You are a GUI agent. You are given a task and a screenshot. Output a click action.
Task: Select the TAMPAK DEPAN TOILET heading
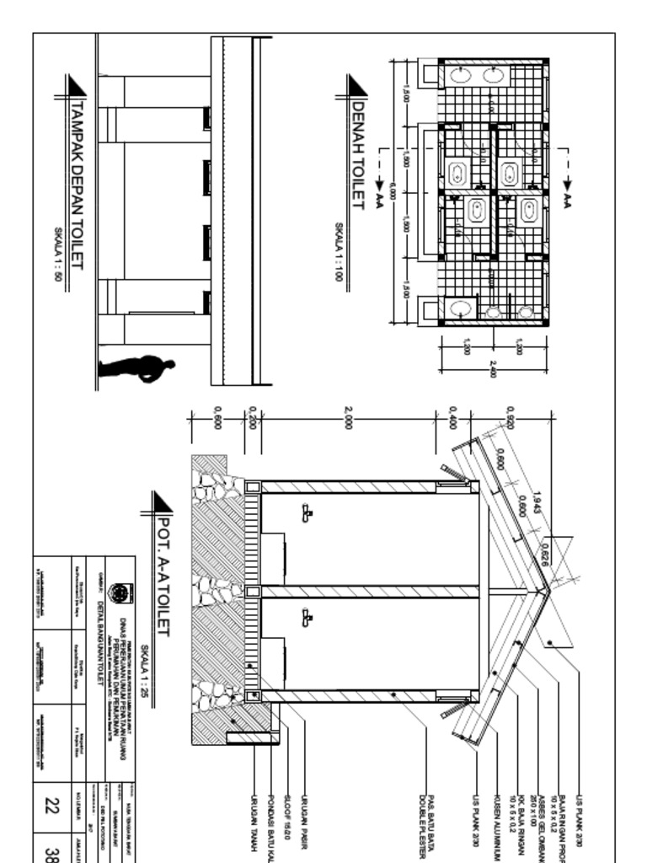(x=78, y=185)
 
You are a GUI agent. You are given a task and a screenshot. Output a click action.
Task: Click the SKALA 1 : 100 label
(x=340, y=251)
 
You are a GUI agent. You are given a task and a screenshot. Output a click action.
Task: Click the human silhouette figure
(x=136, y=368)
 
